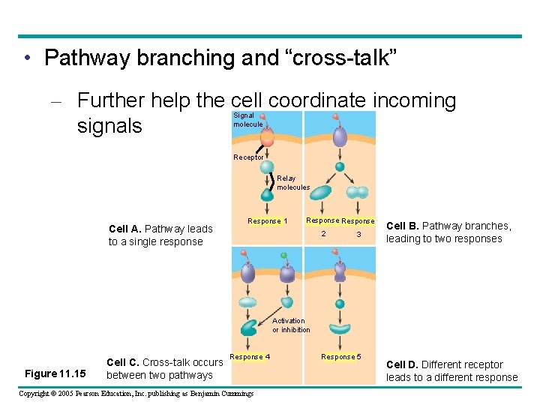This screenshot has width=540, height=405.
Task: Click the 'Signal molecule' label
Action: [247, 120]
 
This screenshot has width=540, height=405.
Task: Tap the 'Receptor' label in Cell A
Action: [248, 157]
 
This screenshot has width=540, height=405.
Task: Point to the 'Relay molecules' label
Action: [292, 183]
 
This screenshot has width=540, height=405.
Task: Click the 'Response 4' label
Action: [250, 357]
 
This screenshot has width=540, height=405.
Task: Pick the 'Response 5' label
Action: [340, 357]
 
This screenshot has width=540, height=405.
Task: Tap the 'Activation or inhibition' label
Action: [291, 325]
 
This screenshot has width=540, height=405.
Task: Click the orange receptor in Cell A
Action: [267, 138]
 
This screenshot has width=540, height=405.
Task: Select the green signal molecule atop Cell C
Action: [283, 256]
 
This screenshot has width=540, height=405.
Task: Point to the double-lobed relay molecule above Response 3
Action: [358, 192]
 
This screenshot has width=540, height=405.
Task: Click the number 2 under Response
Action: [324, 235]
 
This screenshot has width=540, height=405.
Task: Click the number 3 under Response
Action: [358, 235]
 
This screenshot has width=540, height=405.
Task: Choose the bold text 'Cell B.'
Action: [402, 226]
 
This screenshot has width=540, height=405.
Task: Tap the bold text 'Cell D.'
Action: [402, 364]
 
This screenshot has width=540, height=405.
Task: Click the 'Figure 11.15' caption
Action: [55, 373]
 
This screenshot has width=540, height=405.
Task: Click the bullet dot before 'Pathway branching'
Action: [27, 58]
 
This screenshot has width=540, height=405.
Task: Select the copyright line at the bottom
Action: [136, 394]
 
